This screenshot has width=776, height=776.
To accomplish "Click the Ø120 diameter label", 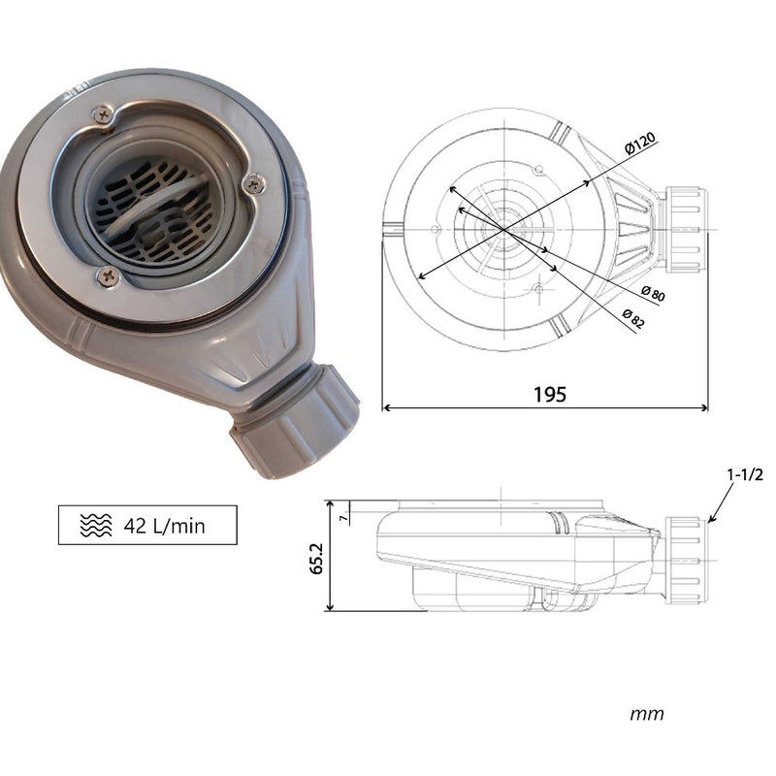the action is coord(640,144).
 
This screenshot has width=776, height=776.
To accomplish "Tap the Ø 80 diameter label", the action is coord(653,294).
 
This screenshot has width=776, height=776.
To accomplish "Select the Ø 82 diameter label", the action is coord(633,319).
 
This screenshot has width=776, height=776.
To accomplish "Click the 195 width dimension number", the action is coord(549,395).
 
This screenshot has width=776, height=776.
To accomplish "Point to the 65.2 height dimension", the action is coord(316,559).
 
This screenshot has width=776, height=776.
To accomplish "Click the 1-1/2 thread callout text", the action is coord(745,474).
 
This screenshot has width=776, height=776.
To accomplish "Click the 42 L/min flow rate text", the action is coord(164,526).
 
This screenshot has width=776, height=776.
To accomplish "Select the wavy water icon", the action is coord(96,525).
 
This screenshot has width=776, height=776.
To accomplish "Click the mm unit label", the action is coord(647,714).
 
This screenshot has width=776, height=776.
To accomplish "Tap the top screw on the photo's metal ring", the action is coord(104,114).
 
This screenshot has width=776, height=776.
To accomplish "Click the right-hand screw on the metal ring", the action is coord(255,183).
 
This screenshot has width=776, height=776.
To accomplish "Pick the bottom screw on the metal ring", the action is coord(108,276).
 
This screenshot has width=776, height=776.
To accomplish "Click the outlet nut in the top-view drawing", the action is coord(685,230).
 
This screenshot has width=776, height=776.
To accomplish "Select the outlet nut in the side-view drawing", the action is coord(685,561).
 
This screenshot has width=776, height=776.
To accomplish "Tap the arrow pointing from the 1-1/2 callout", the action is coord(721,503).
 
